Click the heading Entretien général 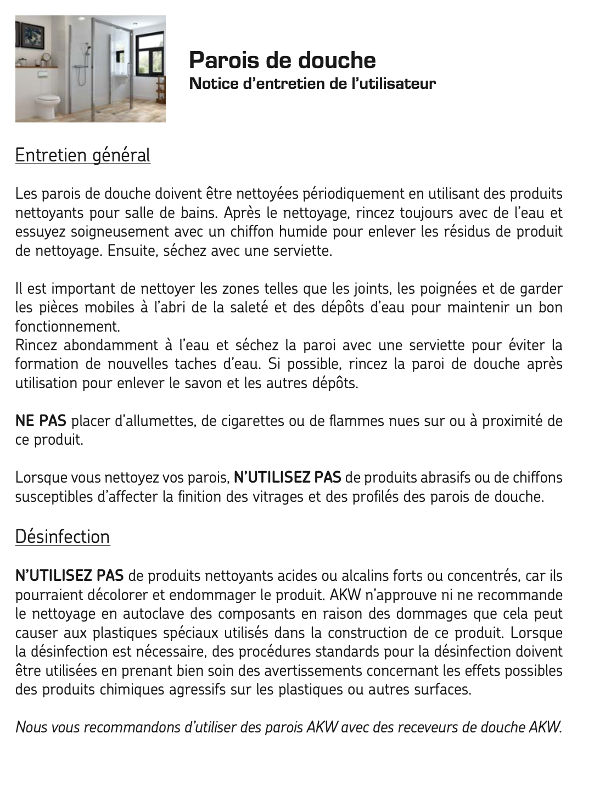(82, 155)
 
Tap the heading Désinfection (62, 536)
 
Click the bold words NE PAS (41, 421)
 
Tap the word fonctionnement (67, 327)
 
